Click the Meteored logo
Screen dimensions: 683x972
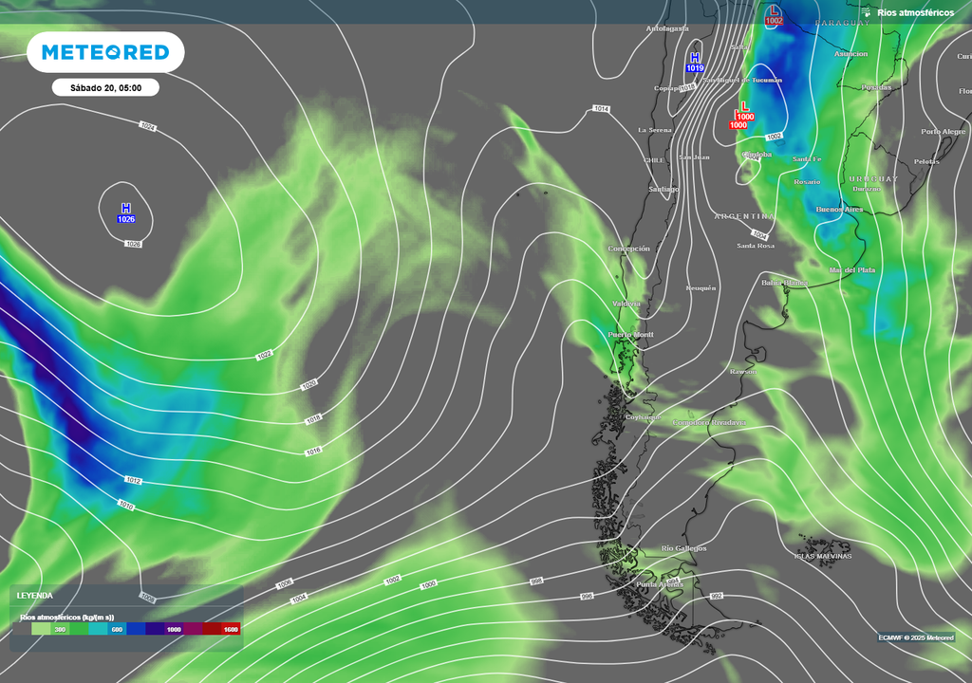click(x=105, y=52)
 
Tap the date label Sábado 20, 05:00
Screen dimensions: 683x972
click(x=105, y=88)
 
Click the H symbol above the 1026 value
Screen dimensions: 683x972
click(x=126, y=208)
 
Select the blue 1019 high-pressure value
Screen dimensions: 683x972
click(x=695, y=68)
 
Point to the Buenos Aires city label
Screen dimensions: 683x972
click(x=839, y=209)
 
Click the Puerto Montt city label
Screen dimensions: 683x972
click(x=630, y=335)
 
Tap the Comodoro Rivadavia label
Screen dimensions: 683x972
click(x=709, y=422)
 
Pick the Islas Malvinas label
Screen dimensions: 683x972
click(x=823, y=556)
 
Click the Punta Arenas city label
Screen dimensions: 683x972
click(x=659, y=584)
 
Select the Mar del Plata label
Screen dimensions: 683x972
click(x=852, y=270)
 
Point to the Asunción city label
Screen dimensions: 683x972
click(x=850, y=54)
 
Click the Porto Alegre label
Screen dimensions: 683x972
click(x=943, y=132)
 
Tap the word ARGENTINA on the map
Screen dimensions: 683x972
click(x=744, y=216)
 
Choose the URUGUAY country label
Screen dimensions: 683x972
click(x=873, y=178)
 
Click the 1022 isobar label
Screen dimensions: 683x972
click(x=264, y=356)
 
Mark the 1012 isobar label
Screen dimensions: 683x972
click(x=133, y=481)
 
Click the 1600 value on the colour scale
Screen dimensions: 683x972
click(x=230, y=629)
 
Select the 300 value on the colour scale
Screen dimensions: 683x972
click(x=60, y=629)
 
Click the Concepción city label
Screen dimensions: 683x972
click(x=628, y=249)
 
